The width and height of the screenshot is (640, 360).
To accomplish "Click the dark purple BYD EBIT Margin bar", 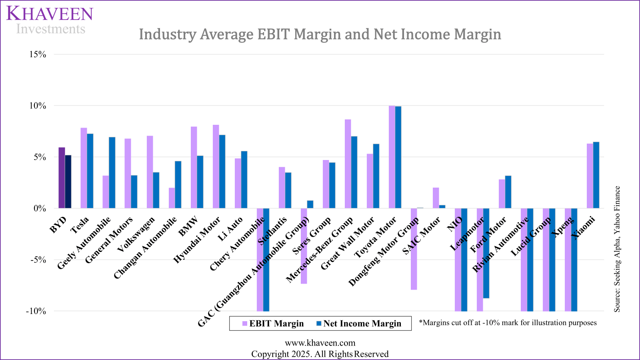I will click(62, 178).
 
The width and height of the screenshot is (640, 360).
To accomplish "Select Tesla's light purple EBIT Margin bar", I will click(84, 168).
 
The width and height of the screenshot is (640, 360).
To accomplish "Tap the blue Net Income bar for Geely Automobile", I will click(112, 173).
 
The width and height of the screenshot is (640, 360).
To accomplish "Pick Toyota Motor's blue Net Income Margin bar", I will click(398, 157).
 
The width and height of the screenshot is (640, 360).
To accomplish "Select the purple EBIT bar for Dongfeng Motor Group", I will click(414, 249).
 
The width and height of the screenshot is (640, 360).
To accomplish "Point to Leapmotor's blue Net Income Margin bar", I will click(486, 253).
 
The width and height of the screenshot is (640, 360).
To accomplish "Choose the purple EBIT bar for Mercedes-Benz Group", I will click(348, 164).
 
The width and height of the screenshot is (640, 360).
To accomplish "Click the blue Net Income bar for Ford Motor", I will click(508, 192).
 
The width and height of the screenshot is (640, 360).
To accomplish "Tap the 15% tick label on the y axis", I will click(38, 54).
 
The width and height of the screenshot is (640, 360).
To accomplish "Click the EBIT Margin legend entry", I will click(273, 324).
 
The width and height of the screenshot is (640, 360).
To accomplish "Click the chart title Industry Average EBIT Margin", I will click(320, 34).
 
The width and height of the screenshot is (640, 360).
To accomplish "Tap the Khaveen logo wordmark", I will click(50, 14).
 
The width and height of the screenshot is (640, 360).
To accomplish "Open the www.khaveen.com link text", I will click(320, 343).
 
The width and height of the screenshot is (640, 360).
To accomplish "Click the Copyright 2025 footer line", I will click(320, 354).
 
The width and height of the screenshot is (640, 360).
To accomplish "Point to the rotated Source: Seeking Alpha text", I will click(617, 249).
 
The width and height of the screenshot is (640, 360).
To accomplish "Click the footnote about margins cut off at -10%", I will click(508, 323).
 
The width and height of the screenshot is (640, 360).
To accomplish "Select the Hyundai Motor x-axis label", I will click(197, 240).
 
